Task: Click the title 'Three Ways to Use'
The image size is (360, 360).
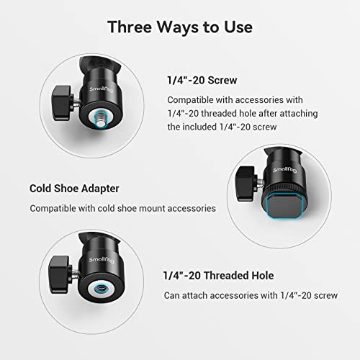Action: pyautogui.click(x=180, y=27)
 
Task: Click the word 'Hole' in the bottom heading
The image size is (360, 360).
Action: pyautogui.click(x=261, y=275)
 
